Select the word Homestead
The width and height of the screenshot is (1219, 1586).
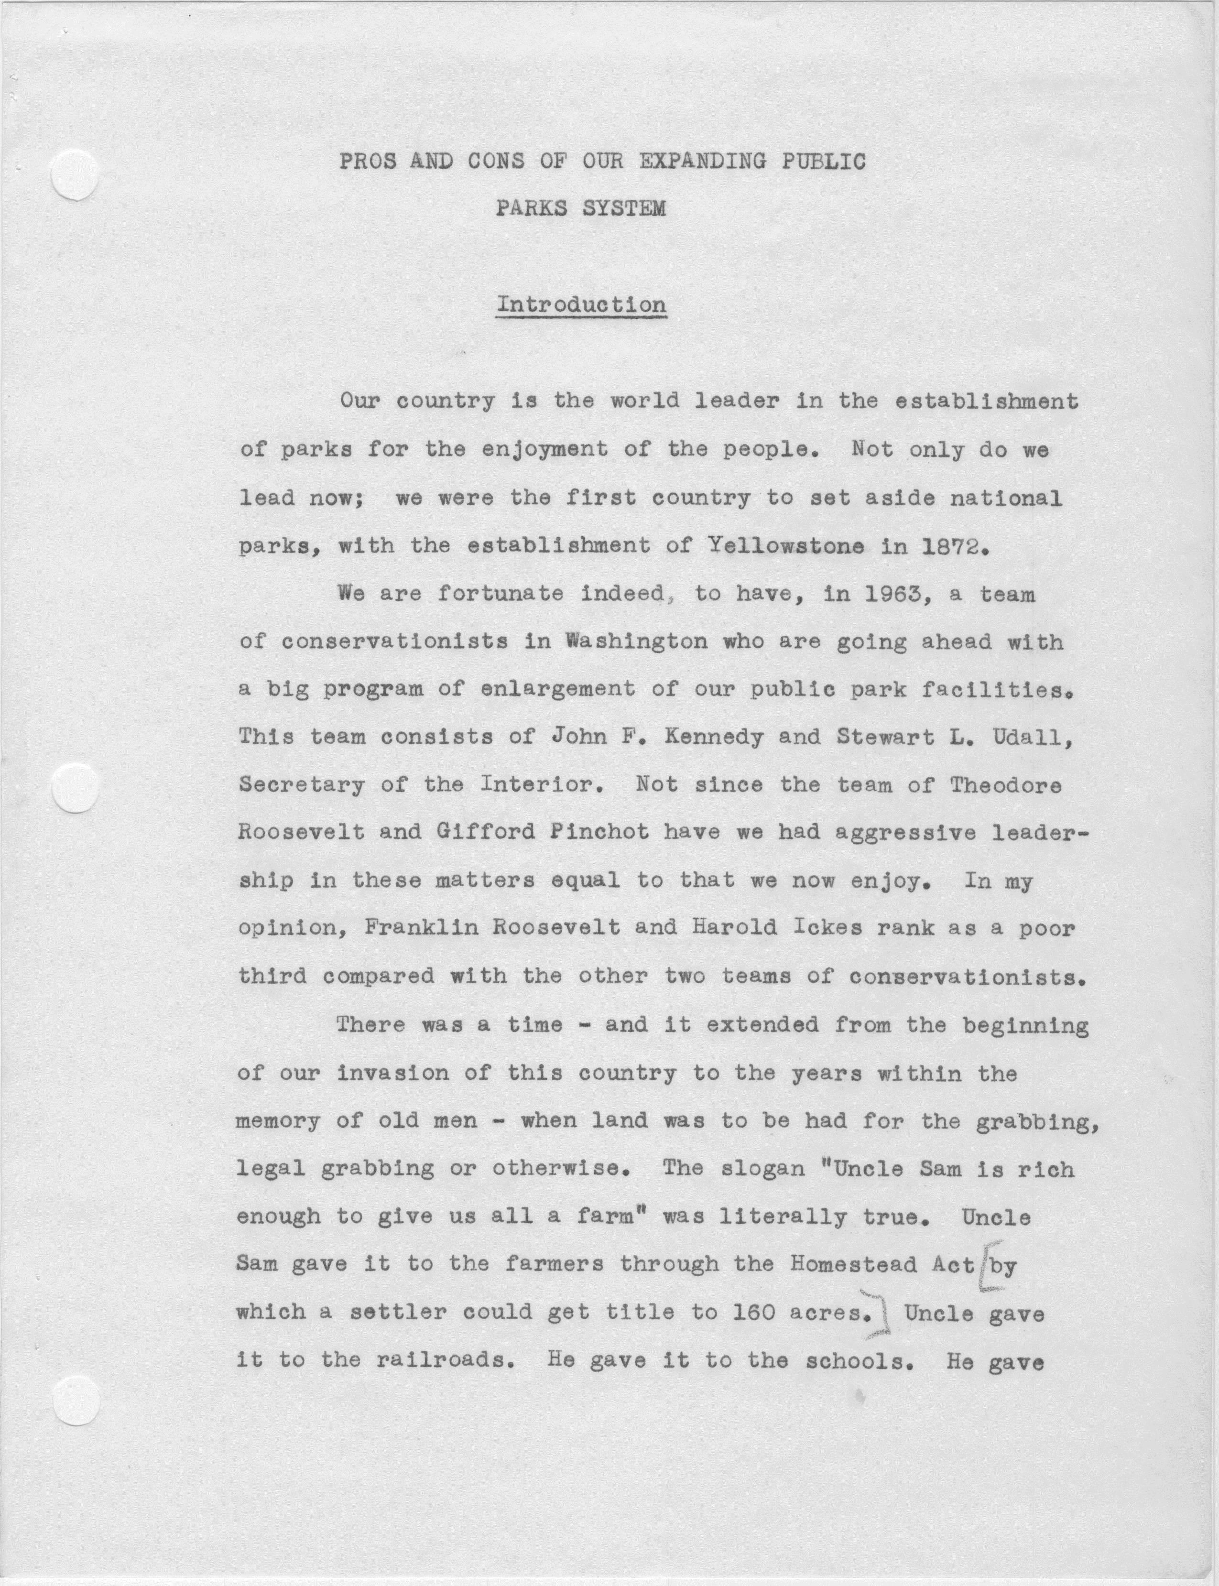pos(854,1264)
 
